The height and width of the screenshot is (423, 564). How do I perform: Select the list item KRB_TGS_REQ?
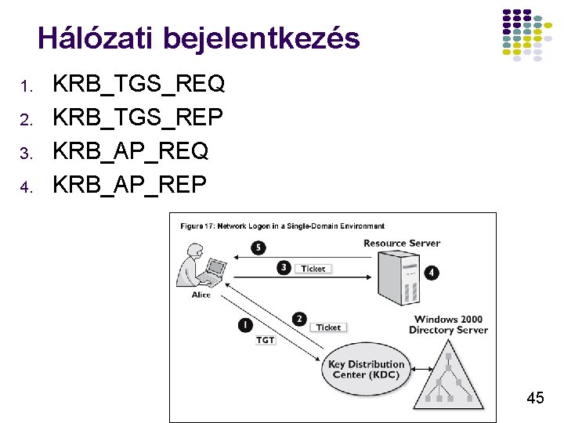click(x=138, y=82)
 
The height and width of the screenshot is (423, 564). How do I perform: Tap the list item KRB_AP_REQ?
click(x=129, y=150)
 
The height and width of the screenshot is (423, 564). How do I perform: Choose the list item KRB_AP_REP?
click(x=128, y=185)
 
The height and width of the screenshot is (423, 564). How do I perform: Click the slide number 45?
click(x=535, y=398)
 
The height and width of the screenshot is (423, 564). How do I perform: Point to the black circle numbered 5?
click(x=259, y=248)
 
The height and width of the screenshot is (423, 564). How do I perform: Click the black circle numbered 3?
click(x=284, y=268)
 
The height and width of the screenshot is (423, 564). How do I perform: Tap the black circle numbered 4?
click(x=432, y=273)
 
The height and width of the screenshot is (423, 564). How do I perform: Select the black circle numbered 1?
click(x=245, y=324)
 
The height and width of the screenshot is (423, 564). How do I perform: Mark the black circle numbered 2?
click(x=298, y=319)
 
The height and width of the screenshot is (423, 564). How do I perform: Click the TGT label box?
click(x=266, y=340)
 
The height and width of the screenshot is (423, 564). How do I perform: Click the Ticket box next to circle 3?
click(x=313, y=269)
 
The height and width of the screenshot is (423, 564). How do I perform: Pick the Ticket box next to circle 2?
click(x=328, y=327)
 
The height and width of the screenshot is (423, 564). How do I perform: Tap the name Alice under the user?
click(x=201, y=295)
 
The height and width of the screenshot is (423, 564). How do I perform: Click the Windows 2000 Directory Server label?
click(x=448, y=324)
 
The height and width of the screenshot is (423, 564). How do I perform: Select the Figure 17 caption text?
click(x=283, y=226)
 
